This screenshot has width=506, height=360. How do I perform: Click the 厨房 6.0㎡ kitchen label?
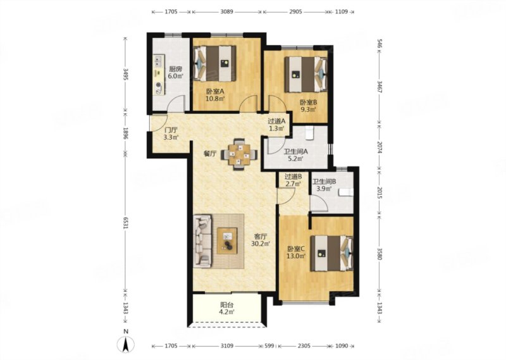click(175, 73)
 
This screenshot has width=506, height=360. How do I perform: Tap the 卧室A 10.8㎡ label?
click(215, 95)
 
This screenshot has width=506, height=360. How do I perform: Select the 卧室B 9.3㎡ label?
click(309, 106)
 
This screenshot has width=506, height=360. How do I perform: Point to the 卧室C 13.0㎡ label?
click(297, 252)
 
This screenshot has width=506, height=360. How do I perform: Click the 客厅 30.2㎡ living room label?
click(261, 240)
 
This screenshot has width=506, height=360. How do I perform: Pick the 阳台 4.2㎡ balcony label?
click(227, 308)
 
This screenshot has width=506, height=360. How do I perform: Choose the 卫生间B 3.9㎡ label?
click(324, 185)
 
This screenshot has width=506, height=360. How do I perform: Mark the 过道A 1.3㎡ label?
click(276, 125)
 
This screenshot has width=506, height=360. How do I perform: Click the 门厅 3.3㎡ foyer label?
click(171, 133)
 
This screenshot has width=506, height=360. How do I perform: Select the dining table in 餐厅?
click(239, 154)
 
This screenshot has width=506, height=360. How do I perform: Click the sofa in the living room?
click(202, 241)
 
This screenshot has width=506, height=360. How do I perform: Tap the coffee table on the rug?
click(227, 240)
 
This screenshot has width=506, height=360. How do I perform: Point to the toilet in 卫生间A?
click(309, 132)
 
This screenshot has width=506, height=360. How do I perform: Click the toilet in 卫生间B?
click(345, 193)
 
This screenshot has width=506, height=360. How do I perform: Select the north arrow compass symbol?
click(126, 344)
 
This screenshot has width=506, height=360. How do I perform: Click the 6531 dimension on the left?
click(126, 223)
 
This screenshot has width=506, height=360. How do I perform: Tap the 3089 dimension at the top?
click(227, 12)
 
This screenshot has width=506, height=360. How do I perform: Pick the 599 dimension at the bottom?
click(269, 346)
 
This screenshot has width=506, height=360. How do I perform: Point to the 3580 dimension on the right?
click(379, 253)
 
